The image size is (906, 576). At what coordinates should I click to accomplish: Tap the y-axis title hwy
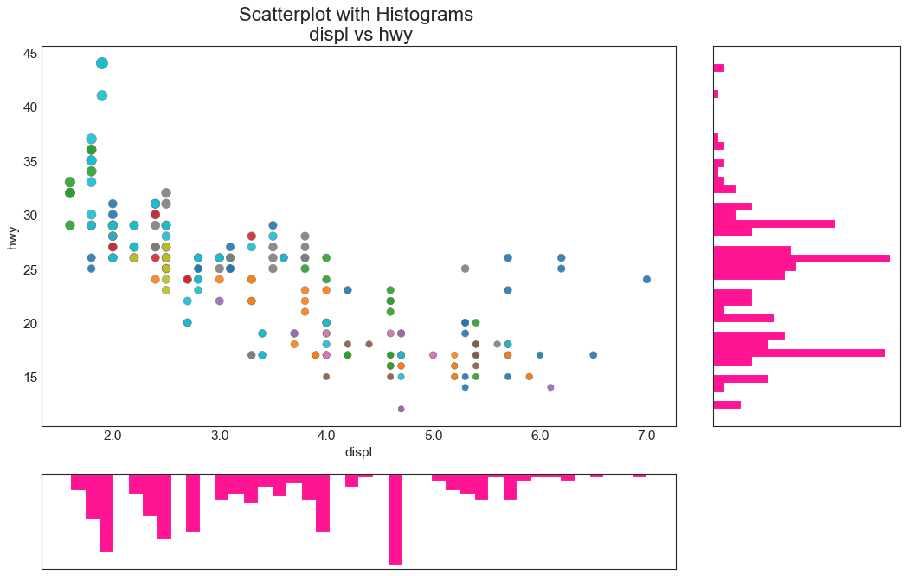(x=13, y=236)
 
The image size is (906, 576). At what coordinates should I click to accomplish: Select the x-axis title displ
(x=358, y=452)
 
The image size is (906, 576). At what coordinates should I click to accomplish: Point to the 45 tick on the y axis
(x=29, y=53)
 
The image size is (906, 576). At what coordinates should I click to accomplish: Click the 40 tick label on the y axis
(x=29, y=107)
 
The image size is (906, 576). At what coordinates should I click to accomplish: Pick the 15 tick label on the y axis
(x=29, y=377)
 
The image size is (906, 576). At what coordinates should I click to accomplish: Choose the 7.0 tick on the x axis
(x=646, y=434)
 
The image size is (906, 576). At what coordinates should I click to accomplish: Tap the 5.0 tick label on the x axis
(x=433, y=434)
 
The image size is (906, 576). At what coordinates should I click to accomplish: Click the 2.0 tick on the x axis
(x=112, y=434)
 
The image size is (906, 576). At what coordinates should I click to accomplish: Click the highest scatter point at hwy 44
(x=102, y=63)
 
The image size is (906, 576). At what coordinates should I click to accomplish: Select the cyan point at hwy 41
(x=102, y=95)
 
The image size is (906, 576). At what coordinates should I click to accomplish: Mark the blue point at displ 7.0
(x=646, y=279)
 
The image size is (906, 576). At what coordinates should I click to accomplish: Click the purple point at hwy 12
(x=401, y=409)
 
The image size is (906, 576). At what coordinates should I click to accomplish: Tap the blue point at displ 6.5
(x=593, y=355)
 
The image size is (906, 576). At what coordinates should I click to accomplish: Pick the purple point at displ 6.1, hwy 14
(x=550, y=387)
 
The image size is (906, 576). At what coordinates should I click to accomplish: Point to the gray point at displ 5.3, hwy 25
(x=465, y=269)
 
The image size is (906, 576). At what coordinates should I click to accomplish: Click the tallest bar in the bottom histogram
(x=395, y=519)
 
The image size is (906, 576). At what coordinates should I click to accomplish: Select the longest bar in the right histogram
(x=801, y=258)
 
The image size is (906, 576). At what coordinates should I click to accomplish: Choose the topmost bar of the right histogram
(x=718, y=68)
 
